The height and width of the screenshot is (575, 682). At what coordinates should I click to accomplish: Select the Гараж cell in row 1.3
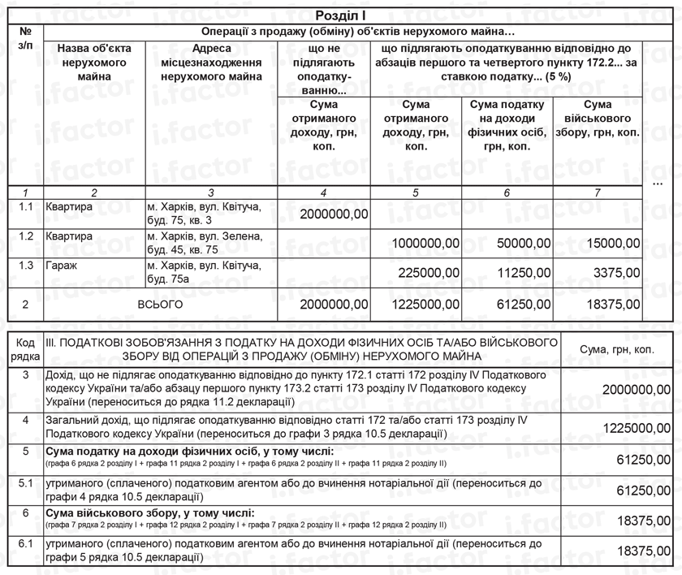[60, 266]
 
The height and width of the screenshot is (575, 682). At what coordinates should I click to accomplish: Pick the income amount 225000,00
[430, 273]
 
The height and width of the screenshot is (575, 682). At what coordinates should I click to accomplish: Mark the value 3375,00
[615, 273]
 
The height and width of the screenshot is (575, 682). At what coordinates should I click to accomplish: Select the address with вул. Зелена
[204, 243]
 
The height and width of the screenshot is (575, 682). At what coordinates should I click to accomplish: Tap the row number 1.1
[25, 207]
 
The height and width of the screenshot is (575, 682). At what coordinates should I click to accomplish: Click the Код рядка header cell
[25, 349]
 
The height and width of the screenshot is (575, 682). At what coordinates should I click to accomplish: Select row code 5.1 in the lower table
[25, 484]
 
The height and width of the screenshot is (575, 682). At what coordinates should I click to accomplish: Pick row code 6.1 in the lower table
[25, 544]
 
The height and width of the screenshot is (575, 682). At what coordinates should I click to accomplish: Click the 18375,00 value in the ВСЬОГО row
[611, 305]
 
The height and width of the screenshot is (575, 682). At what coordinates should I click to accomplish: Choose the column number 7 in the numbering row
[598, 192]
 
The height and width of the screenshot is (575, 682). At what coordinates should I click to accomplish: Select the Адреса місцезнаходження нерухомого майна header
[211, 63]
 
